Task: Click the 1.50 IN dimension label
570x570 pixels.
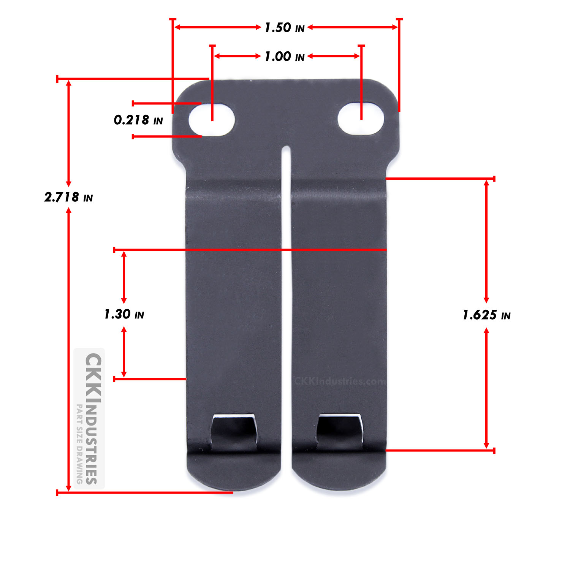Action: [284, 28]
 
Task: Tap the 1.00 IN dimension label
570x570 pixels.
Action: [284, 57]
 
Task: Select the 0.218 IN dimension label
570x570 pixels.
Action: [138, 120]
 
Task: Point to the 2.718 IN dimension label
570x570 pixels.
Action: [68, 197]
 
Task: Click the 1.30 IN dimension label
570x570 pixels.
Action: [124, 314]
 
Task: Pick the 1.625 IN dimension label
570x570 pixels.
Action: [486, 315]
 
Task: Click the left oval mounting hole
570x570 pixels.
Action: [212, 119]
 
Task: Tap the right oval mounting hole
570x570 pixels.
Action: [361, 118]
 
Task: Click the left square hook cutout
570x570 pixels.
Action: [233, 432]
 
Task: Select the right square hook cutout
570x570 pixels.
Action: [340, 431]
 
